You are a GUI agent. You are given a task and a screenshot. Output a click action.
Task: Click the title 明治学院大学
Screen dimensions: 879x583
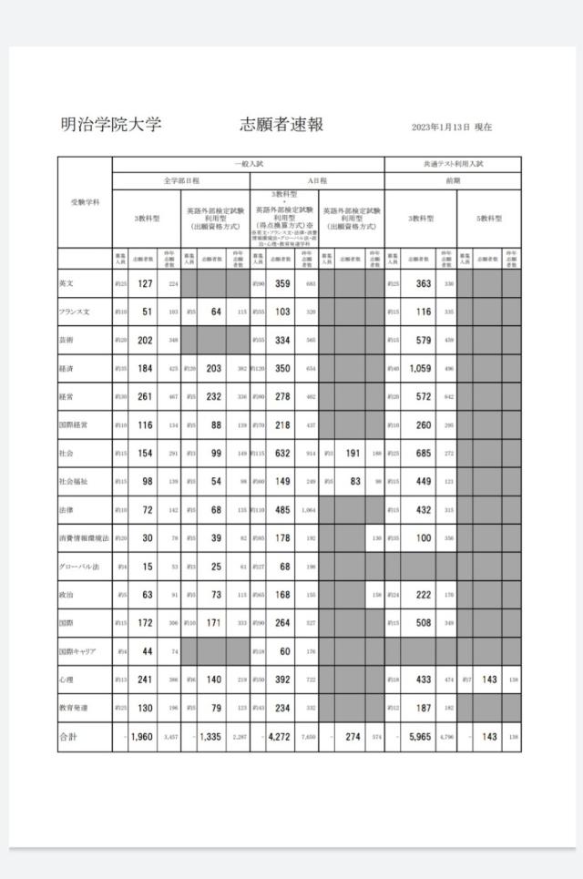(x=110, y=125)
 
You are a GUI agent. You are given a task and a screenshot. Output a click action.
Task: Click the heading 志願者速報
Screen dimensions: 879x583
(x=281, y=125)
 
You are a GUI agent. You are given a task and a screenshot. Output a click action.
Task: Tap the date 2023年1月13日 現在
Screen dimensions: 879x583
(x=452, y=128)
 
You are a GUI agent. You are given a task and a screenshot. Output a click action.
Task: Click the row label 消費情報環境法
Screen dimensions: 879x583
(x=84, y=538)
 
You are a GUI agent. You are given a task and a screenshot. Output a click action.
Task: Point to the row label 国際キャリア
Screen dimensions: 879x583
(x=78, y=651)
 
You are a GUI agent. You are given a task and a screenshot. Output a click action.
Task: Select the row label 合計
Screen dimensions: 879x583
(x=69, y=736)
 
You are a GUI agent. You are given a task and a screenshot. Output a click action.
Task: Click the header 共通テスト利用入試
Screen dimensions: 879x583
(x=453, y=164)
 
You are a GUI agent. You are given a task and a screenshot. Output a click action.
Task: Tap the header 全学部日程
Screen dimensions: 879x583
(x=180, y=180)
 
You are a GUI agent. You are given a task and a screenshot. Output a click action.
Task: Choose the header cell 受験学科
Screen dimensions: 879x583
(x=85, y=201)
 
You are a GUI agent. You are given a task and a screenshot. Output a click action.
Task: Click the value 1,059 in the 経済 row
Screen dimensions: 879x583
(x=420, y=369)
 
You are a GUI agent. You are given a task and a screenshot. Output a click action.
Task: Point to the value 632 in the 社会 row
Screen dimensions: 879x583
(x=282, y=453)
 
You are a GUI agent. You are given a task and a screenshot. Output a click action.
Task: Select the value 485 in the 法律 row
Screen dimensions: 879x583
(x=282, y=510)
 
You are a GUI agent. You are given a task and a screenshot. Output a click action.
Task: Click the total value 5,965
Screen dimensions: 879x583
(x=420, y=736)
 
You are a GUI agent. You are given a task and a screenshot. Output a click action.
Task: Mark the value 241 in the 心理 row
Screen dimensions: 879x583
(x=143, y=680)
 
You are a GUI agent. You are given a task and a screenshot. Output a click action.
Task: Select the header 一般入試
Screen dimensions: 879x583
(x=248, y=164)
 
